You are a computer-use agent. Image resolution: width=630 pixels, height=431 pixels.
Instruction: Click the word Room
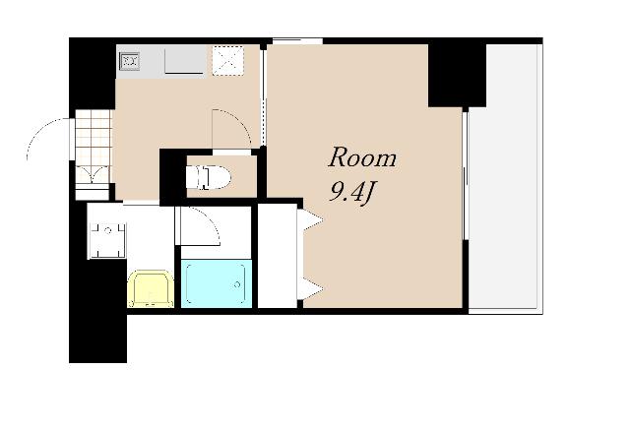coord(362,157)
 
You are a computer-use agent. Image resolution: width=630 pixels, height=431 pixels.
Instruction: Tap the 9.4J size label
coord(351,192)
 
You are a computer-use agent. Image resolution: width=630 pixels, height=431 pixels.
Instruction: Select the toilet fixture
coord(208,177)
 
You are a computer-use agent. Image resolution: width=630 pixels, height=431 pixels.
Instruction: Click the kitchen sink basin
coord(184,60)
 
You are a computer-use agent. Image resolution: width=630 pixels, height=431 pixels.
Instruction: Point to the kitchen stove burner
coord(129,61)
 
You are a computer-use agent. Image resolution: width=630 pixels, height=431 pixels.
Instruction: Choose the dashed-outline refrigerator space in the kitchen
coord(227,61)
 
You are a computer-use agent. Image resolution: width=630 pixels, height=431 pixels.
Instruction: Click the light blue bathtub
coord(217,283)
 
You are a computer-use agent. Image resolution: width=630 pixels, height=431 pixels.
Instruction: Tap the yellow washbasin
coord(151,289)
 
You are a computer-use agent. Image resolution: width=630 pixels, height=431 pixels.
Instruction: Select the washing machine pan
coord(107,240)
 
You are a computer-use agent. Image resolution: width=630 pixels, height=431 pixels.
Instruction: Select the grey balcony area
coord(505,177)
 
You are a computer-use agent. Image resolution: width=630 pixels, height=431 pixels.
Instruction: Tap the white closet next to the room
coord(278,256)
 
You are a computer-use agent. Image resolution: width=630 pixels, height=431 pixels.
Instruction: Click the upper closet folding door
coord(310,220)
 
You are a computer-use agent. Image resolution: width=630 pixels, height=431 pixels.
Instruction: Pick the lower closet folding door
coord(310,288)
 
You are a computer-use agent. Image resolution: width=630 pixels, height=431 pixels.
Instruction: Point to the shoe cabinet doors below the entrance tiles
coord(93,174)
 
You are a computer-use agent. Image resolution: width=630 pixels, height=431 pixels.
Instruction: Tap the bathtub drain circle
coord(237,284)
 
